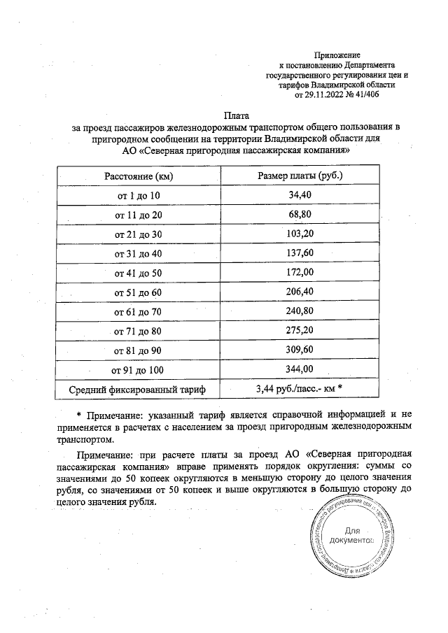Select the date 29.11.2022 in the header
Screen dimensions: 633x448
[x=327, y=94]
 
